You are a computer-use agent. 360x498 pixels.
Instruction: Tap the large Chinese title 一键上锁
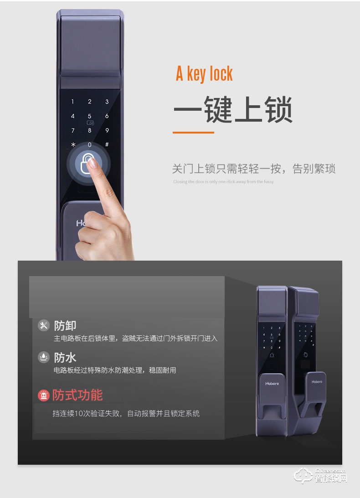pyautogui.click(x=233, y=109)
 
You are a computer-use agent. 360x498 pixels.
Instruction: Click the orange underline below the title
pyautogui.click(x=193, y=133)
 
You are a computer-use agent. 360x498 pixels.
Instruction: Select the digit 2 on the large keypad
pyautogui.click(x=90, y=102)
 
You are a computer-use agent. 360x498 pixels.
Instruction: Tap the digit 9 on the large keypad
pyautogui.click(x=107, y=130)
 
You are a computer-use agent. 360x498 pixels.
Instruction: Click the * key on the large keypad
pyautogui.click(x=72, y=145)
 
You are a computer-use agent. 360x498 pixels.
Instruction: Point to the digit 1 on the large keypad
pyautogui.click(x=72, y=102)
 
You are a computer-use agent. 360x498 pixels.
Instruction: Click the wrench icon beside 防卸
pyautogui.click(x=44, y=325)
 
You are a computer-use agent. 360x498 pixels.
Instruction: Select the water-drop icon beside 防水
pyautogui.click(x=44, y=356)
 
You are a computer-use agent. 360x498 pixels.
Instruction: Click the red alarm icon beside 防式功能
pyautogui.click(x=44, y=395)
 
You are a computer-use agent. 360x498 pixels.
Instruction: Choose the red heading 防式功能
pyautogui.click(x=77, y=395)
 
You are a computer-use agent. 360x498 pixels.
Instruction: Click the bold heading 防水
pyautogui.click(x=65, y=356)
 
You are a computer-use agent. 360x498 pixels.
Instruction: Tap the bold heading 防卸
pyautogui.click(x=65, y=325)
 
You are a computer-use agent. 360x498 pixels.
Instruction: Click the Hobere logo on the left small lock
pyautogui.click(x=272, y=384)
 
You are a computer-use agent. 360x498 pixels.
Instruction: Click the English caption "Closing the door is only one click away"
pyautogui.click(x=223, y=182)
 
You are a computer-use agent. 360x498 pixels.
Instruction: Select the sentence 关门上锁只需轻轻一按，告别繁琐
pyautogui.click(x=253, y=169)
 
